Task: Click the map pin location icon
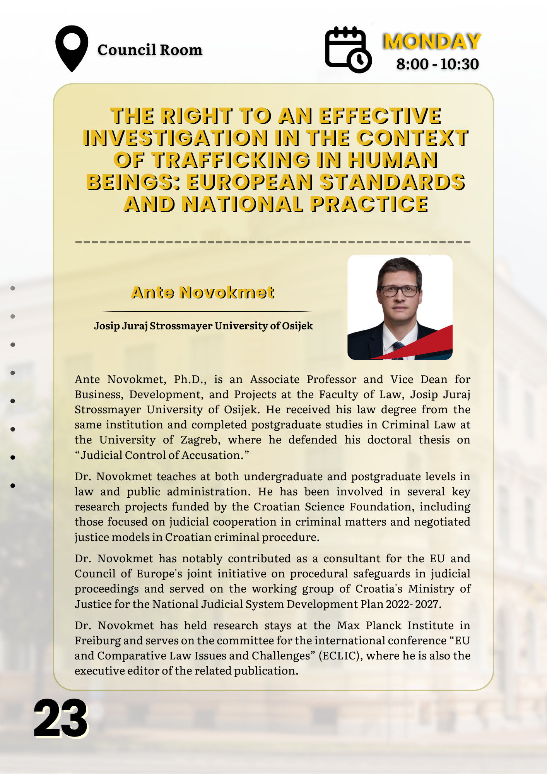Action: (72, 48)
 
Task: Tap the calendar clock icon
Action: (348, 50)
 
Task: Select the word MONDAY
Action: (432, 41)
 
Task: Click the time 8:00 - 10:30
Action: (438, 64)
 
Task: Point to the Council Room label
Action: (150, 50)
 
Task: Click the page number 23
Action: (61, 719)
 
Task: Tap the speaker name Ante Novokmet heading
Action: (203, 293)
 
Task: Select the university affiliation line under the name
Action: (203, 326)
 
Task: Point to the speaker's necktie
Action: (397, 348)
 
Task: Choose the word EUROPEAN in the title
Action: (250, 182)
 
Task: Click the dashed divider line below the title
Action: (273, 242)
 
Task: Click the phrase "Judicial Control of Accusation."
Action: (162, 455)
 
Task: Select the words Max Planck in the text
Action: (362, 625)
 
